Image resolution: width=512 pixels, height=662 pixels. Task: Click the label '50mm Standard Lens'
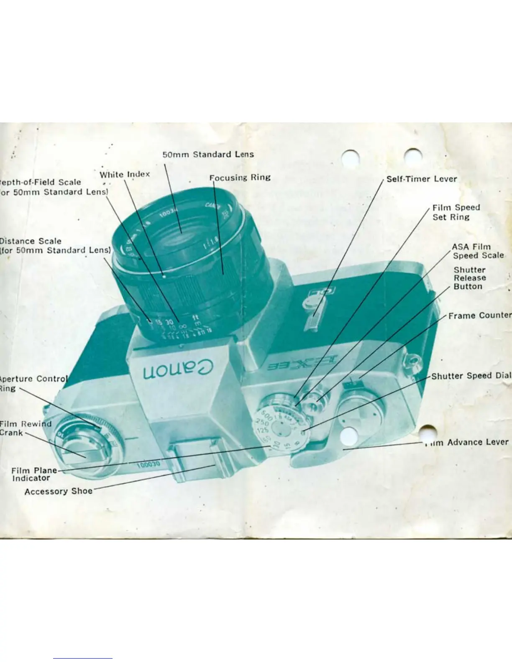(x=208, y=154)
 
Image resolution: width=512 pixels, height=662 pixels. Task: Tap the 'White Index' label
(x=125, y=174)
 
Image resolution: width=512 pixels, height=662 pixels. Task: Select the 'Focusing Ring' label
(x=240, y=178)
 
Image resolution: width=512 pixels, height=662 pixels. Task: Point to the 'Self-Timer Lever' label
(x=421, y=179)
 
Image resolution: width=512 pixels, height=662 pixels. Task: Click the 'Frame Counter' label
(x=479, y=316)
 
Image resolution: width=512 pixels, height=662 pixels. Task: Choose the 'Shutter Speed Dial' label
(x=471, y=376)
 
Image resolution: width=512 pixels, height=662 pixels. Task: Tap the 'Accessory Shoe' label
(x=58, y=491)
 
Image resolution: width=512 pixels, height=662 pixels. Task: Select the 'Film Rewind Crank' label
(x=25, y=428)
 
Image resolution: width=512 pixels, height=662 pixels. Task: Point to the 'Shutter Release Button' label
(x=469, y=278)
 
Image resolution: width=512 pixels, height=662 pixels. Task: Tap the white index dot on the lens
(x=164, y=276)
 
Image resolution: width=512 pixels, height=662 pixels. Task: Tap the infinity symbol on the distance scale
(x=183, y=326)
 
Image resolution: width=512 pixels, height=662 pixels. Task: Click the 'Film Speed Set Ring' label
(x=456, y=212)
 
